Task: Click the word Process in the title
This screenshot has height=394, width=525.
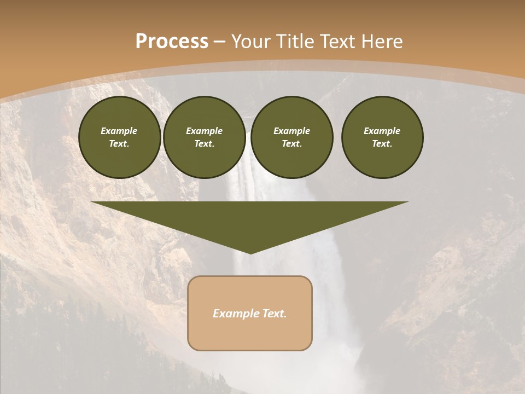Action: (172, 42)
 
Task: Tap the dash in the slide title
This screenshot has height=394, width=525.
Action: (219, 42)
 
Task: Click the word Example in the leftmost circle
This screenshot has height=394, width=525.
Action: (119, 131)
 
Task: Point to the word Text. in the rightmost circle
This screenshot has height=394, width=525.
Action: (382, 144)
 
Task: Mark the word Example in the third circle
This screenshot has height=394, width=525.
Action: (292, 131)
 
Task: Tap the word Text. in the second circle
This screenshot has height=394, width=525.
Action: (205, 144)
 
